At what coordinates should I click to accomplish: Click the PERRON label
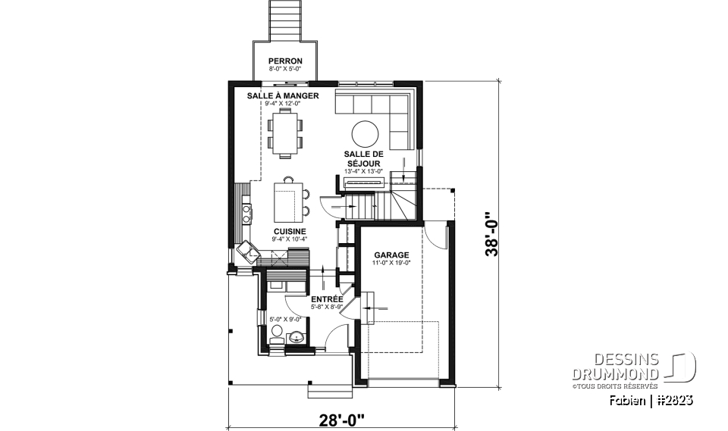pos(285,61)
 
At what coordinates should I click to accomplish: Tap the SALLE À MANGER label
pos(283,96)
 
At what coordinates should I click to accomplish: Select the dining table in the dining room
pos(284,133)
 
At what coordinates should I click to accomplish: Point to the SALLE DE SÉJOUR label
pos(363,158)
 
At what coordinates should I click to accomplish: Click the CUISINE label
pos(289,232)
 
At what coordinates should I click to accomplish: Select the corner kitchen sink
pos(246,251)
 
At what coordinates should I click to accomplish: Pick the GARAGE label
pos(391,255)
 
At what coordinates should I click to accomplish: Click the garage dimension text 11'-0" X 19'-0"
pos(391,263)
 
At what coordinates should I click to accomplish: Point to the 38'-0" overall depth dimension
pos(494,234)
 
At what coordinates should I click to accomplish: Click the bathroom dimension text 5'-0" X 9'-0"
pos(286,321)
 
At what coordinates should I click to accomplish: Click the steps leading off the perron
pos(285,18)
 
